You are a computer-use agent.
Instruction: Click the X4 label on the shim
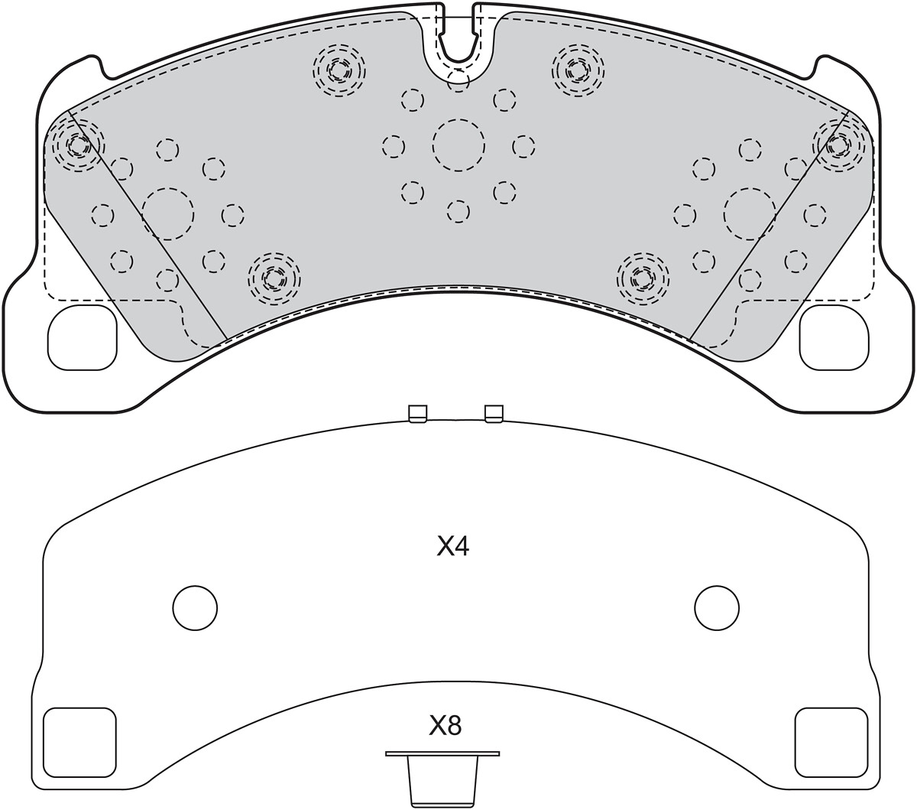(x=452, y=547)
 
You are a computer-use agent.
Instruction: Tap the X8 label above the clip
(x=445, y=726)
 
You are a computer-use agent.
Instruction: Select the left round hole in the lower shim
(x=195, y=608)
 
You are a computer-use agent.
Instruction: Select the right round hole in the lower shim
(x=717, y=608)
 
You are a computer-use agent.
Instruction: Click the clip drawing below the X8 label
(x=442, y=775)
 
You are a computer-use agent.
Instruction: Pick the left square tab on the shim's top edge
(x=418, y=414)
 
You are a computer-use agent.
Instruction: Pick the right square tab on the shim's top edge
(x=494, y=414)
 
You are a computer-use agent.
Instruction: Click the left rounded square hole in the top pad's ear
(x=83, y=337)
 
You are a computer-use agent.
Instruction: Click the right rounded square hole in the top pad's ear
(x=834, y=337)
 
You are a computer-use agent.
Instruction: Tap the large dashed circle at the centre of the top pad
(x=458, y=145)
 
